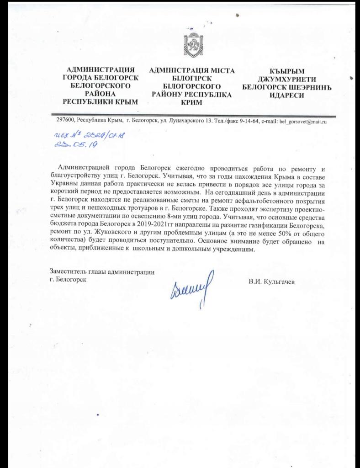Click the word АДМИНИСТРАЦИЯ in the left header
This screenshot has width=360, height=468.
pos(100,69)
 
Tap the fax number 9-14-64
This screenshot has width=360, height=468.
pos(250,121)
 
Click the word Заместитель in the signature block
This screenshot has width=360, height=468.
pos(68,271)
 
